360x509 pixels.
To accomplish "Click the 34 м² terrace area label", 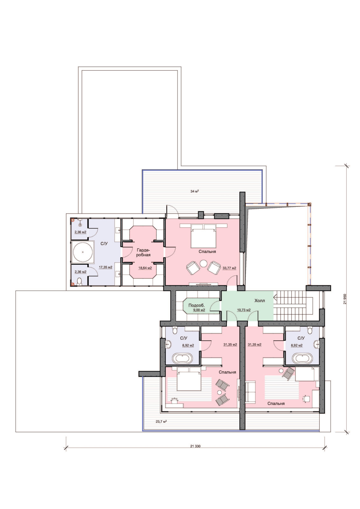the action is click(195, 191).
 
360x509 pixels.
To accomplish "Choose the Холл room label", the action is click(260, 301).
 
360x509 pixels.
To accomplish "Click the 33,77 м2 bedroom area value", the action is click(229, 268).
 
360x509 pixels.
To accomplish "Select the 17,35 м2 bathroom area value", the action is click(106, 268).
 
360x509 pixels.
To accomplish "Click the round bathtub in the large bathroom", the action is click(83, 252).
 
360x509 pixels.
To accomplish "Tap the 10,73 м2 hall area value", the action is click(244, 310).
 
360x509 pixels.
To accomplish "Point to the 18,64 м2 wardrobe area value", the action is click(145, 268).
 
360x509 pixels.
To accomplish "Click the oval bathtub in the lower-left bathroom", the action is click(183, 359).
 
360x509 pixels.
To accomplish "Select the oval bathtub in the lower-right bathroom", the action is click(302, 359).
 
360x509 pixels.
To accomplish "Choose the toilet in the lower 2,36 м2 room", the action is click(79, 281).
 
